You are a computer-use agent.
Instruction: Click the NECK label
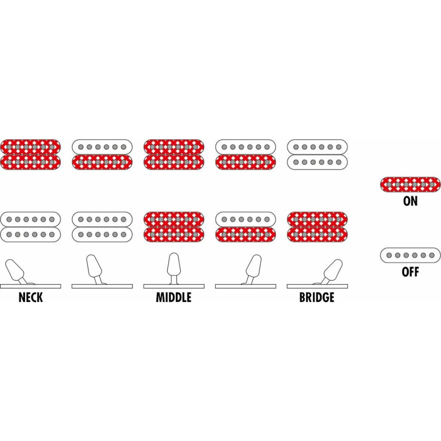(x=31, y=297)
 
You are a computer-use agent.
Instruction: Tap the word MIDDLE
(x=174, y=297)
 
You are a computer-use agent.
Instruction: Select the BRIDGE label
(x=317, y=297)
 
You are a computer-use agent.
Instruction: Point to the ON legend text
(x=410, y=201)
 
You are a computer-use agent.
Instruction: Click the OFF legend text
(x=410, y=272)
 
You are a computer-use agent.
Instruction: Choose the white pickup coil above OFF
(x=410, y=255)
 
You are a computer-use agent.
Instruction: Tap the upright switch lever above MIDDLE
(x=174, y=265)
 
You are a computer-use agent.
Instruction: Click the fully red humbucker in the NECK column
(x=31, y=154)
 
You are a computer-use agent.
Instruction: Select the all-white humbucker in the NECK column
(x=31, y=227)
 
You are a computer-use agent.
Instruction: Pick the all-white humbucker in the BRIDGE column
(x=317, y=154)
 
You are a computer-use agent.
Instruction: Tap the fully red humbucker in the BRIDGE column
(x=317, y=227)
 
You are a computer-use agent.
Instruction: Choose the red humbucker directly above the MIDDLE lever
(x=174, y=227)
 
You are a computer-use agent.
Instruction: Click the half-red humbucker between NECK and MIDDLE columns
(x=102, y=154)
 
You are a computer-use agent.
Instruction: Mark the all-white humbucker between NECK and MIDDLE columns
(x=102, y=227)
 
